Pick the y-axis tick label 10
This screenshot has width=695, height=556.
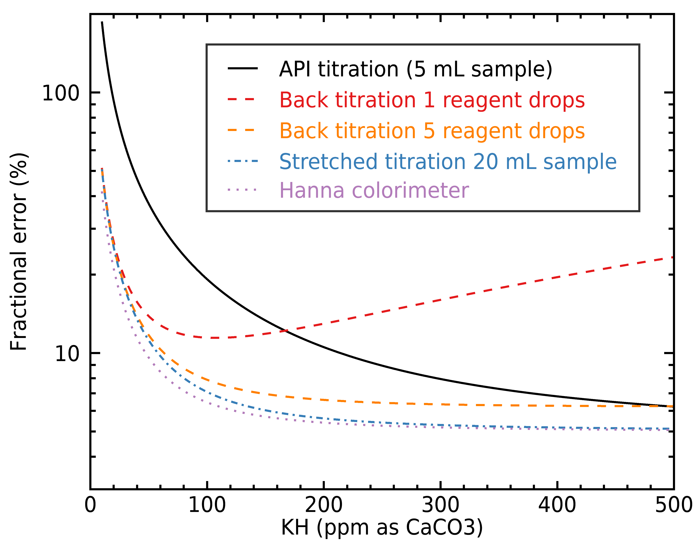(67, 354)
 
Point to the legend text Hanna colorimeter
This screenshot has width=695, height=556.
(374, 190)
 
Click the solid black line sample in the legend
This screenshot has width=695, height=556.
(242, 68)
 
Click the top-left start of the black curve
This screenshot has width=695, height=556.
(102, 23)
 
